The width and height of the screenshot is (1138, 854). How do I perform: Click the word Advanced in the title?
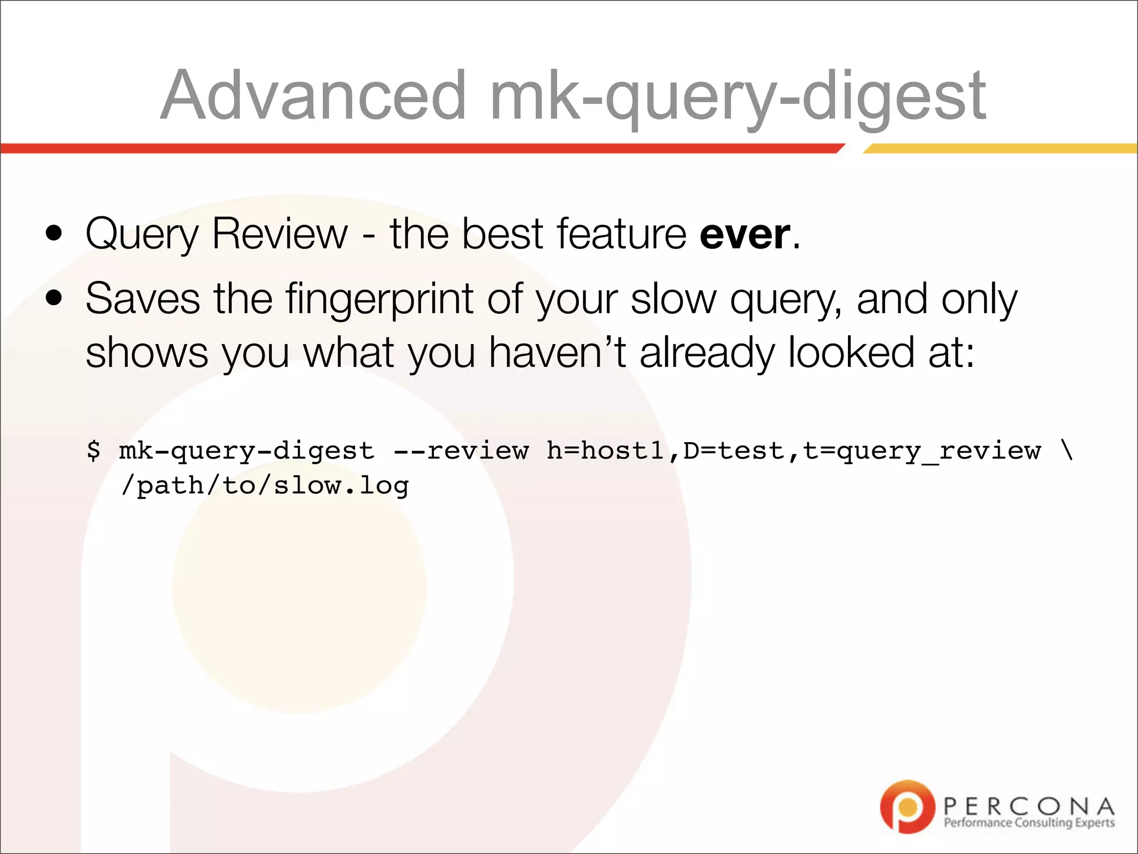pos(313,95)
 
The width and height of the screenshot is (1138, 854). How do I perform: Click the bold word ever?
pos(745,234)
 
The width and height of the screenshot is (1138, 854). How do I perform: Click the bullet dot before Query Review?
pos(54,234)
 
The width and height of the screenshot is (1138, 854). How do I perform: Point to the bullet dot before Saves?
pos(54,299)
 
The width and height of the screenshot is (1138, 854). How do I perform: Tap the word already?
pos(707,352)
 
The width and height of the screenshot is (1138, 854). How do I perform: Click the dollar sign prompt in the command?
pos(93,450)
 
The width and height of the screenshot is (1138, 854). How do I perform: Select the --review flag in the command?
pos(461,450)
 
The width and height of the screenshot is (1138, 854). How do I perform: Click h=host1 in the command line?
pos(605,450)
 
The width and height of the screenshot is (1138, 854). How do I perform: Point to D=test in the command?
pos(733,450)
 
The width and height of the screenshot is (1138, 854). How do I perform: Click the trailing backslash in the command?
pos(1066,450)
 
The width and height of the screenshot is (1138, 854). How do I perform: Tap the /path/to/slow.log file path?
pos(264,486)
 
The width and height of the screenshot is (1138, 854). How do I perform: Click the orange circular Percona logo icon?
pos(907,807)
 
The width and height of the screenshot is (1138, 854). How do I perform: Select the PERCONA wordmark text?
pos(1029,806)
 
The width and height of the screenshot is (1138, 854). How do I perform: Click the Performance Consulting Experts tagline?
pos(1029,823)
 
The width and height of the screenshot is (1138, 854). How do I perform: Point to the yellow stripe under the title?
pos(1000,148)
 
